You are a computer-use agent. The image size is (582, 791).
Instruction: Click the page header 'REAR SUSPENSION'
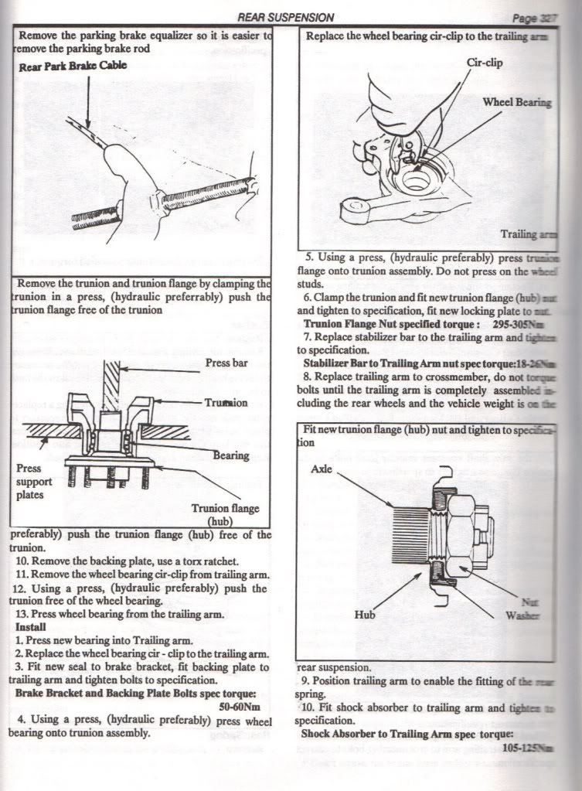[286, 17]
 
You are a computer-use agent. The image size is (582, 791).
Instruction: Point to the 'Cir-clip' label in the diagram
[485, 63]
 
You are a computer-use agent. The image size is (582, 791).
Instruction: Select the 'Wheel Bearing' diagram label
[517, 102]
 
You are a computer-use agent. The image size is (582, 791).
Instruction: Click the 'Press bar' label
[226, 363]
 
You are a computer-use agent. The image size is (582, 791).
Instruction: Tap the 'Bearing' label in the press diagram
[231, 455]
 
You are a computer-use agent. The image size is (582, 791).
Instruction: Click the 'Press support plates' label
[33, 482]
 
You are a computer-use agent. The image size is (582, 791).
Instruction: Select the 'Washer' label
[522, 616]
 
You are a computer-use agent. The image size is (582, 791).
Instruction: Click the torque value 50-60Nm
[244, 706]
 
